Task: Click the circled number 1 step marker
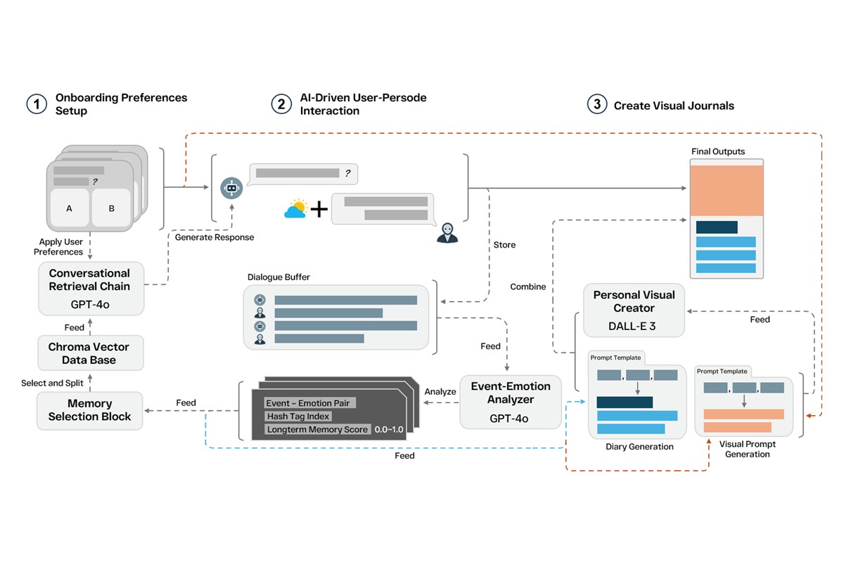(36, 104)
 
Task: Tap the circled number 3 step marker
(597, 105)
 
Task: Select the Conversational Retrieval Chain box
(90, 289)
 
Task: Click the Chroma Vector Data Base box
(91, 353)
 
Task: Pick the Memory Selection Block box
(90, 410)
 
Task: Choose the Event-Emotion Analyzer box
(511, 402)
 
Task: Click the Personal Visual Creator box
(634, 310)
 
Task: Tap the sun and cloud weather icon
(296, 208)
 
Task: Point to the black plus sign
(319, 209)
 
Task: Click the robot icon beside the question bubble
(231, 187)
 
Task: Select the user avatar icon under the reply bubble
(447, 233)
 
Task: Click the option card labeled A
(69, 208)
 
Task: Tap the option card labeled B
(111, 208)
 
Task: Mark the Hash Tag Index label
(298, 416)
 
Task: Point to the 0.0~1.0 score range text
(389, 429)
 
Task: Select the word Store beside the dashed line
(504, 245)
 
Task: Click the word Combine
(528, 286)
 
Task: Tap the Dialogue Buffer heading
(279, 277)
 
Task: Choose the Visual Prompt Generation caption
(744, 449)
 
